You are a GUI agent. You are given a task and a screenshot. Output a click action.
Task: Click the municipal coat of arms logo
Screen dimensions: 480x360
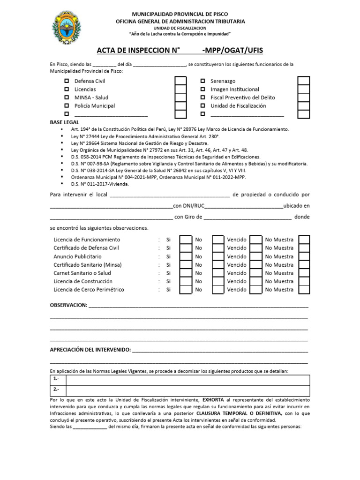pyautogui.click(x=65, y=27)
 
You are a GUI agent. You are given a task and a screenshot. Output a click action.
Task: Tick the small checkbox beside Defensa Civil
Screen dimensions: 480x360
pyautogui.click(x=66, y=81)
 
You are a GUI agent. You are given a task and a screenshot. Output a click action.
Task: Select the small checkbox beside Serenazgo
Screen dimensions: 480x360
pyautogui.click(x=202, y=81)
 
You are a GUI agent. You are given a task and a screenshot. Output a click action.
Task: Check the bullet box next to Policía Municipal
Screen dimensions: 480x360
pyautogui.click(x=66, y=106)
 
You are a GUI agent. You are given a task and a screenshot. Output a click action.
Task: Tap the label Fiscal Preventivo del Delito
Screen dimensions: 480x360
pyautogui.click(x=242, y=97)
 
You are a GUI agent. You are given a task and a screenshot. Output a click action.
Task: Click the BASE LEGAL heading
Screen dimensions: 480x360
pyautogui.click(x=65, y=122)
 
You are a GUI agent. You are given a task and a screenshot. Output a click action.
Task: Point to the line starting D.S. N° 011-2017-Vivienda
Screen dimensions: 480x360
pyautogui.click(x=100, y=184)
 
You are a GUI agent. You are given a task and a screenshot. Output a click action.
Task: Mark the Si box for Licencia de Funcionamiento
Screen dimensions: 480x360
pyautogui.click(x=186, y=240)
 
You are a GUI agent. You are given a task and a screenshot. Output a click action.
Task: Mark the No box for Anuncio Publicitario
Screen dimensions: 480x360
pyautogui.click(x=218, y=256)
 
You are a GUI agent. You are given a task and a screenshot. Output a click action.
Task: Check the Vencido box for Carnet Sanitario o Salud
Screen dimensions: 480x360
pyautogui.click(x=255, y=273)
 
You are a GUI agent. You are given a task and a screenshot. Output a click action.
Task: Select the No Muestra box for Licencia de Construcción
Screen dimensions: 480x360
pyautogui.click(x=304, y=281)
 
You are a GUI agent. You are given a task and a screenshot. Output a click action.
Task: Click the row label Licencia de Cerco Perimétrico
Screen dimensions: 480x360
pyautogui.click(x=89, y=290)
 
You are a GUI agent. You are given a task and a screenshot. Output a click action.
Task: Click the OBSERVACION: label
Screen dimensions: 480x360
pyautogui.click(x=68, y=305)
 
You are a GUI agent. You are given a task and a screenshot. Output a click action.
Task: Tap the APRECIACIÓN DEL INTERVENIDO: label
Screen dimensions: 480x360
pyautogui.click(x=90, y=350)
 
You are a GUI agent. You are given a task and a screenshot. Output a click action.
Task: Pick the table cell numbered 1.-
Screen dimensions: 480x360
pyautogui.click(x=58, y=380)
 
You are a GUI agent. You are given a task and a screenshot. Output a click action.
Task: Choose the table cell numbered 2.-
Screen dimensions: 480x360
pyautogui.click(x=58, y=390)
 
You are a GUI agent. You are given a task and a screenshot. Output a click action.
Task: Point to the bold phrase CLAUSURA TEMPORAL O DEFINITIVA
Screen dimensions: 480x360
pyautogui.click(x=239, y=414)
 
